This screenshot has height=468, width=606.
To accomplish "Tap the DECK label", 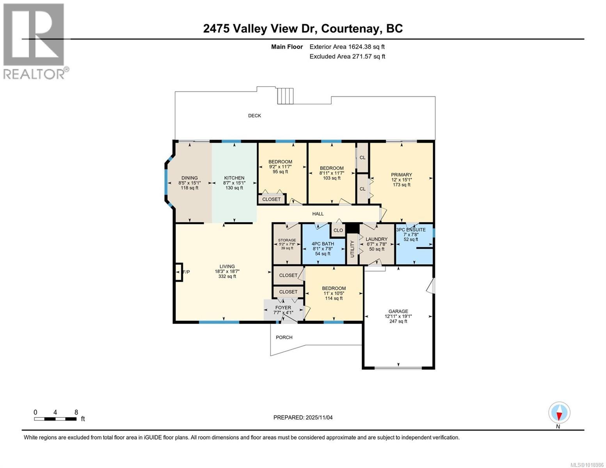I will pyautogui.click(x=254, y=116).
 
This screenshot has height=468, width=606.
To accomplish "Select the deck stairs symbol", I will pyautogui.click(x=285, y=96).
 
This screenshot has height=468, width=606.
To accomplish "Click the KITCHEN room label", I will pyautogui.click(x=234, y=178).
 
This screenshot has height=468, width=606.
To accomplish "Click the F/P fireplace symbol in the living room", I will pyautogui.click(x=179, y=272).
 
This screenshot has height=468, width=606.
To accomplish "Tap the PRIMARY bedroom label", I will pyautogui.click(x=402, y=175).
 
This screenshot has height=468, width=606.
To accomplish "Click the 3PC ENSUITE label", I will pyautogui.click(x=411, y=230).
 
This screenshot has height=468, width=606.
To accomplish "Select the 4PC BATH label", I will pyautogui.click(x=323, y=244).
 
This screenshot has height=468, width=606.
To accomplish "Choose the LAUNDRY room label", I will pyautogui.click(x=377, y=239).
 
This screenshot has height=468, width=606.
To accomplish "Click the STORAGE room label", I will pyautogui.click(x=287, y=240).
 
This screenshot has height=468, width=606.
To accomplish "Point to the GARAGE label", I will pyautogui.click(x=398, y=312).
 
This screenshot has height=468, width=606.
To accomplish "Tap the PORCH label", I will pyautogui.click(x=284, y=338).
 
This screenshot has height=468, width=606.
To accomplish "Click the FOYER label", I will pyautogui.click(x=283, y=308).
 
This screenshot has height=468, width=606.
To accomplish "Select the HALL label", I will pyautogui.click(x=318, y=214).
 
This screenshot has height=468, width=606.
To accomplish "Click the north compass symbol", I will pyautogui.click(x=559, y=413).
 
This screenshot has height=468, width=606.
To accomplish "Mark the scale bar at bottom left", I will pyautogui.click(x=55, y=419).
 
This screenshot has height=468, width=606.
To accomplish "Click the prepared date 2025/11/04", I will pyautogui.click(x=303, y=418).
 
